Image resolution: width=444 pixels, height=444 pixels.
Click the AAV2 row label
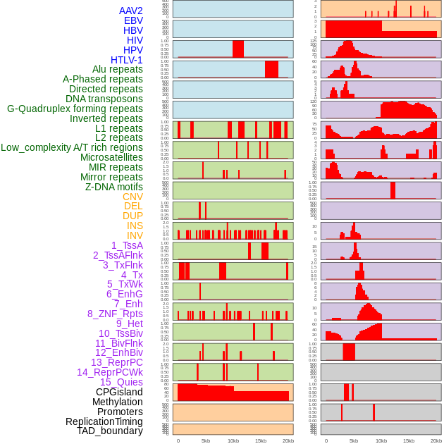130,11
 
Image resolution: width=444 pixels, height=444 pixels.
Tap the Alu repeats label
117,70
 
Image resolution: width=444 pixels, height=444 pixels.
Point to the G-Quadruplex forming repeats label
75,109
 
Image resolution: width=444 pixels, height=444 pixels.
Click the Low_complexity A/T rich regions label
72,148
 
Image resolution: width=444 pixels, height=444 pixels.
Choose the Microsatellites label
111,158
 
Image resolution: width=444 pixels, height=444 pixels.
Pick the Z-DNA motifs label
113,187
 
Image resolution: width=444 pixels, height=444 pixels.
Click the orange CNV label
132,197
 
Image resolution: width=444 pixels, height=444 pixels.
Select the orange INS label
135,226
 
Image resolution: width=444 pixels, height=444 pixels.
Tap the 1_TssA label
127,245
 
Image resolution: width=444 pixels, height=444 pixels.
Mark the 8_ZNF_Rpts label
115,314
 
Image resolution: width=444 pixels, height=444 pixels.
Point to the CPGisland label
119,392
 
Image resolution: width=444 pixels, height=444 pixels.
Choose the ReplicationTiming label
104,421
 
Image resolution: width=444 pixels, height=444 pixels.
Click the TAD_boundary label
109,431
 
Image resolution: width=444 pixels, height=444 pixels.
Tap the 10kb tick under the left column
233,440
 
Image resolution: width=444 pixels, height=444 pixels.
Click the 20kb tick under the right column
436,440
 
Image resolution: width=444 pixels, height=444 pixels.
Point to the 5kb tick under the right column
354,440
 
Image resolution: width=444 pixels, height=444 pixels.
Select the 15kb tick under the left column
260,440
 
